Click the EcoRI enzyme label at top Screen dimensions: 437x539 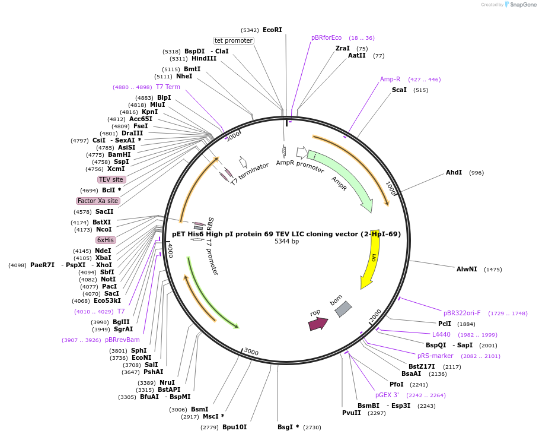pyautogui.click(x=272, y=30)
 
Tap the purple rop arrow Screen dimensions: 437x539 pyautogui.click(x=318, y=324)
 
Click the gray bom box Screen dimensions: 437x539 pyautogui.click(x=343, y=309)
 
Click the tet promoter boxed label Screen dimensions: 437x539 pyautogui.click(x=234, y=41)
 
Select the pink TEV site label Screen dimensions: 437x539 pyautogui.click(x=111, y=179)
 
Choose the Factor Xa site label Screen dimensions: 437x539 pyautogui.click(x=98, y=201)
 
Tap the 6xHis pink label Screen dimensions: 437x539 pyautogui.click(x=106, y=240)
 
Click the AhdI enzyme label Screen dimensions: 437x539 pyautogui.click(x=454, y=173)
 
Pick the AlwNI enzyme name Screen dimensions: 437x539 pyautogui.click(x=467, y=269)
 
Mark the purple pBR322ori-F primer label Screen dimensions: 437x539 pyautogui.click(x=462, y=313)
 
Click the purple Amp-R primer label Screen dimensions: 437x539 pyautogui.click(x=390, y=79)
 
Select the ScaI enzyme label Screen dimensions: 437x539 pyautogui.click(x=399, y=90)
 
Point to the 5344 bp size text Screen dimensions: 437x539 pyautogui.click(x=286, y=242)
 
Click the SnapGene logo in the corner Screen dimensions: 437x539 pyautogui.click(x=519, y=5)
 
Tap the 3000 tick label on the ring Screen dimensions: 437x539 pyautogui.click(x=251, y=352)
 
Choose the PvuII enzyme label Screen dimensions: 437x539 pyautogui.click(x=351, y=413)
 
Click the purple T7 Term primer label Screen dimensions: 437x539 pyautogui.click(x=168, y=87)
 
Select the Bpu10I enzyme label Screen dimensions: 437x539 pyautogui.click(x=234, y=427)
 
